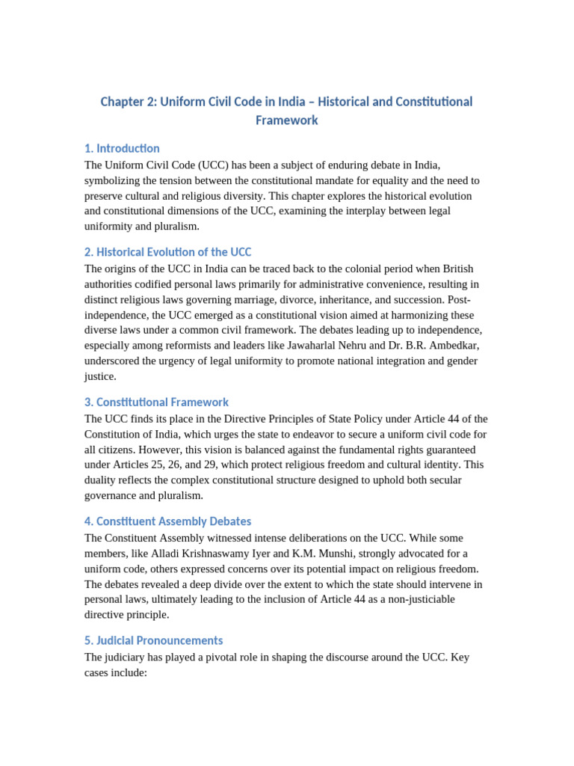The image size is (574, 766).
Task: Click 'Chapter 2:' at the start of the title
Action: [128, 102]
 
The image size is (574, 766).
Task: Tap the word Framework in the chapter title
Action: [287, 120]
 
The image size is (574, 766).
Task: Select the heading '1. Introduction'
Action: [122, 148]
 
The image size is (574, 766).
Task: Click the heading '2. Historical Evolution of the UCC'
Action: [167, 252]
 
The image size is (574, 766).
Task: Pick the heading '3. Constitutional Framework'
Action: [156, 402]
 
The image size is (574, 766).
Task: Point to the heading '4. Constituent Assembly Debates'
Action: [167, 521]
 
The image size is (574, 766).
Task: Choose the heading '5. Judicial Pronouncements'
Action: [153, 640]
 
